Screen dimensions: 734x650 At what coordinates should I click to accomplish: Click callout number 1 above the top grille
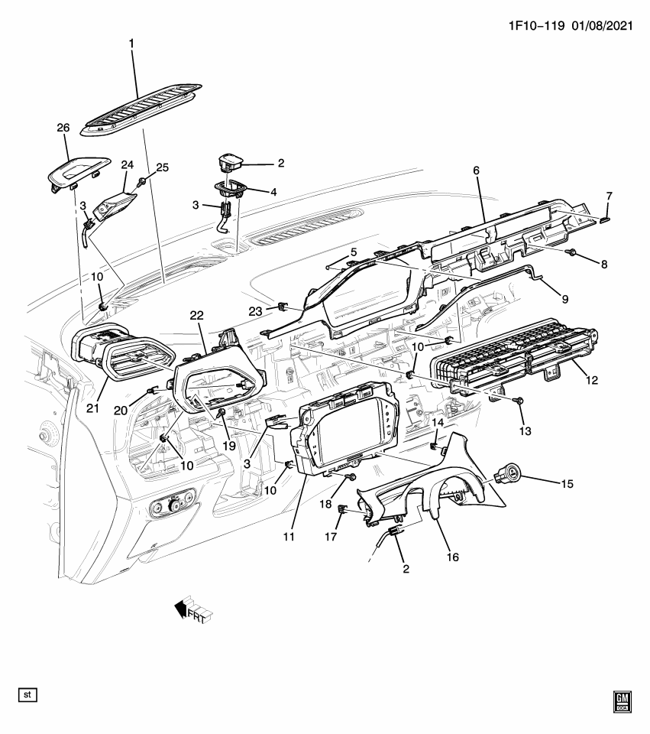point(131,44)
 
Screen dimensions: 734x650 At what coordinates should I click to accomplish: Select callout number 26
point(63,128)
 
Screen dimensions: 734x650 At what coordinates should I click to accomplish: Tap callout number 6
point(476,171)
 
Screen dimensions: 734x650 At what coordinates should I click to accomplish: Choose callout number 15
point(567,483)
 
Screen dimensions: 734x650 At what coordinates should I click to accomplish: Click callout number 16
point(452,557)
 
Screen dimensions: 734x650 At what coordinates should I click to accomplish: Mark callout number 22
point(196,316)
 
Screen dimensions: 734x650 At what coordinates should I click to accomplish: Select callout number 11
point(289,537)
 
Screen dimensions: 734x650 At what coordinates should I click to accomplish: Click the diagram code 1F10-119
point(534,25)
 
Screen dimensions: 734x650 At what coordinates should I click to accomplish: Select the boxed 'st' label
point(28,695)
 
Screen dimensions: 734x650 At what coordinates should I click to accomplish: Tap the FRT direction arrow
point(192,609)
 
